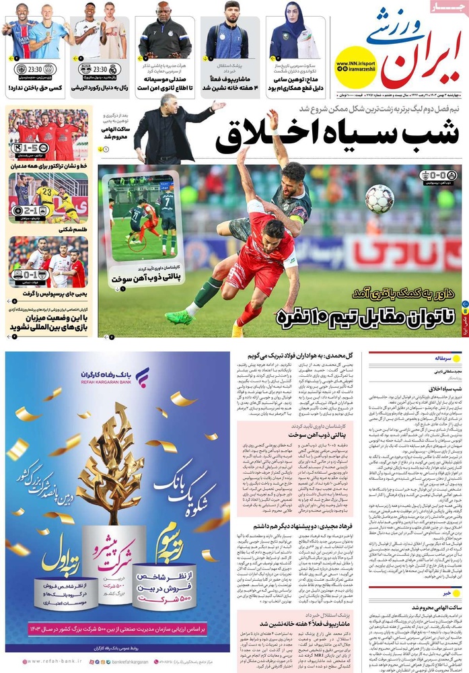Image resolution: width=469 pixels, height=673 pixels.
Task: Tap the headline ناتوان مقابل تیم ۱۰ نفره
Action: click(363, 315)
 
